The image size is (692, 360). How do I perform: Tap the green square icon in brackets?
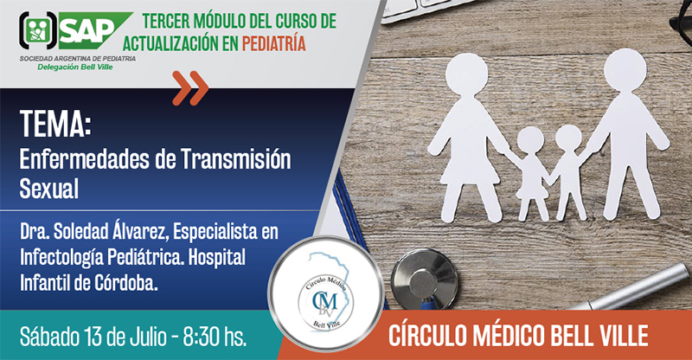pyautogui.click(x=37, y=30)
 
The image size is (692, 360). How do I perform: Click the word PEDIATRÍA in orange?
pyautogui.click(x=273, y=43)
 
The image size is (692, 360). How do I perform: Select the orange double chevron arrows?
pyautogui.click(x=190, y=88)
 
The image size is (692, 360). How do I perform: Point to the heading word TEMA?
pyautogui.click(x=55, y=124)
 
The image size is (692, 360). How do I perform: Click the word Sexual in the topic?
pyautogui.click(x=49, y=189)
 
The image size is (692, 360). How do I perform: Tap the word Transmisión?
pyautogui.click(x=235, y=159)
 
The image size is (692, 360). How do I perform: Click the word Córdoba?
pyautogui.click(x=125, y=283)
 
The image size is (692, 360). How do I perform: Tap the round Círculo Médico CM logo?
pyautogui.click(x=325, y=293)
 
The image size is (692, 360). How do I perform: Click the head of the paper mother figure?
pyautogui.click(x=466, y=74)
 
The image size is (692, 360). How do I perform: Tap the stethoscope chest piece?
pyautogui.click(x=424, y=279)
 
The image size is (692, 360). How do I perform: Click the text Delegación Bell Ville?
pyautogui.click(x=75, y=67)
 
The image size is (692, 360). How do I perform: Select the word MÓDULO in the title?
pyautogui.click(x=220, y=21)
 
